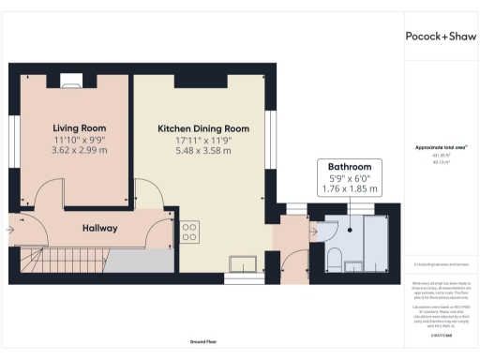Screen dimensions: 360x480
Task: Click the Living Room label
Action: point(79,127)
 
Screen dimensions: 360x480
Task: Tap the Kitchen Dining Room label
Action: point(202,127)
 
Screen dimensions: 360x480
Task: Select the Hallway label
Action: point(99,228)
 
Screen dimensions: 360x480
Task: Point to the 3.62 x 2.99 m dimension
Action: point(79,150)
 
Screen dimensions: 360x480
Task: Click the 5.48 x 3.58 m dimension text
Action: point(202,150)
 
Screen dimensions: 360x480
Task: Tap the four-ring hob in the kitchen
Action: point(188,231)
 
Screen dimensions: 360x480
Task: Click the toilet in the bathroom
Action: point(335,257)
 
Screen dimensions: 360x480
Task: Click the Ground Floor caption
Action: point(197,341)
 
